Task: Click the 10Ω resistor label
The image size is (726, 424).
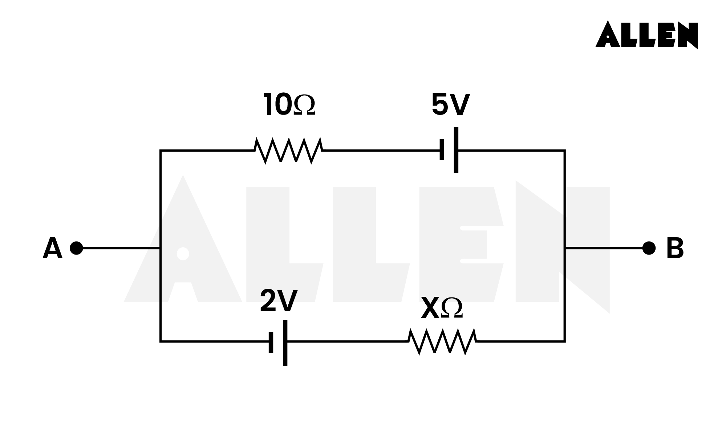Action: click(289, 105)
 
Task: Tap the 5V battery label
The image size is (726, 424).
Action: click(450, 105)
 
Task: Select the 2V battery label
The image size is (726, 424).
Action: click(279, 301)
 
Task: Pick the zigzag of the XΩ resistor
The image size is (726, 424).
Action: click(442, 341)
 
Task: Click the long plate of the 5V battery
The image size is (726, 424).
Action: click(456, 150)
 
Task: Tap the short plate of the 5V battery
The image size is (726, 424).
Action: click(442, 150)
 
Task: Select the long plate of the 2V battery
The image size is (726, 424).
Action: click(285, 343)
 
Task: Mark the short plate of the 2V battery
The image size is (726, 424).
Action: click(271, 342)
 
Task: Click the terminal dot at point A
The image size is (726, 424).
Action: click(76, 248)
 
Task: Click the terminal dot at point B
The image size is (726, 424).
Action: click(649, 248)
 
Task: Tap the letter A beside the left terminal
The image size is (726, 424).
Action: click(52, 249)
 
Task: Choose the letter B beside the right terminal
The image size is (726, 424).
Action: click(675, 249)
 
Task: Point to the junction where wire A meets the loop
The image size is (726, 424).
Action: click(161, 248)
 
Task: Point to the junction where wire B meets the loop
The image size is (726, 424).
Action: click(565, 248)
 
